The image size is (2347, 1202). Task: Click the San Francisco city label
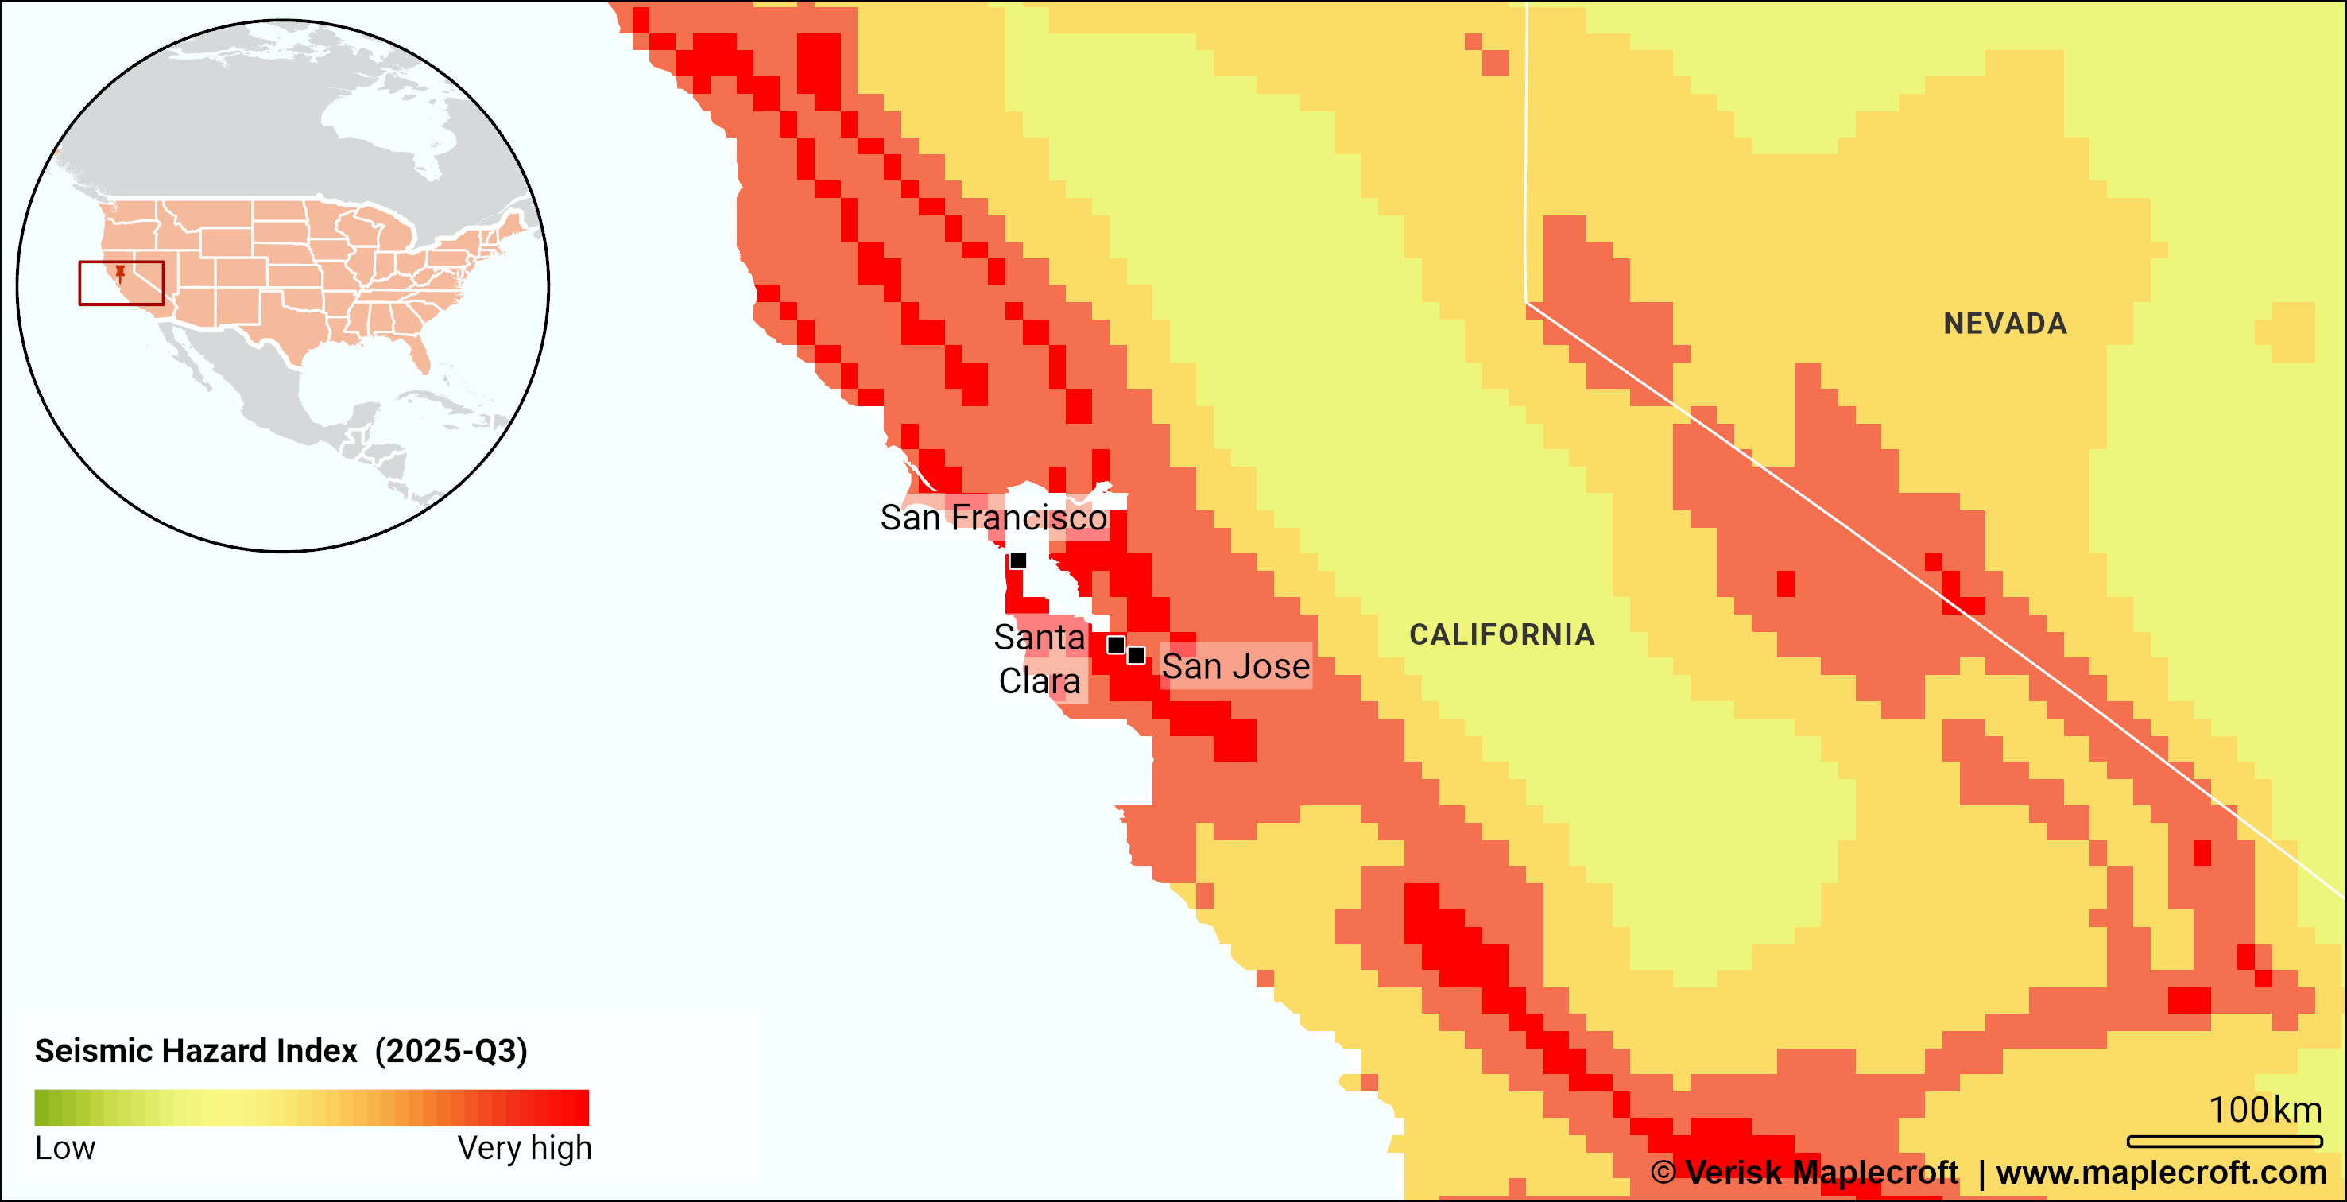click(x=993, y=518)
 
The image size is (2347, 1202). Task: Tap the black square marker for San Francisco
click(x=1017, y=560)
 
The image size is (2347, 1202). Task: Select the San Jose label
click(x=1235, y=666)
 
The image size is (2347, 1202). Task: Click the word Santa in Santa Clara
click(x=1039, y=637)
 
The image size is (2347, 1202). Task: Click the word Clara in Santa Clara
click(x=1039, y=680)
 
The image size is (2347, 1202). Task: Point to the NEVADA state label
click(x=2004, y=324)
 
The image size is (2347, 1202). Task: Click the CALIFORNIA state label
click(x=1501, y=634)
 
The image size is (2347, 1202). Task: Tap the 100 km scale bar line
click(x=2224, y=1141)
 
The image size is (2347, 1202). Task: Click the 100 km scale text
click(x=2264, y=1109)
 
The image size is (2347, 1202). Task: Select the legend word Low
click(x=64, y=1147)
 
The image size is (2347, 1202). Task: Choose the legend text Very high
click(x=524, y=1147)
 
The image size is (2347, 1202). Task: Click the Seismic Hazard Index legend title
click(x=196, y=1051)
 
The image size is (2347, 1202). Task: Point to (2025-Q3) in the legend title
click(x=451, y=1051)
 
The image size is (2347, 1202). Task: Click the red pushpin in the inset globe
click(x=120, y=273)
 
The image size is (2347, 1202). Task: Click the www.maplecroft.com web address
click(x=2161, y=1172)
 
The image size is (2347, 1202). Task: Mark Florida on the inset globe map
click(x=420, y=356)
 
